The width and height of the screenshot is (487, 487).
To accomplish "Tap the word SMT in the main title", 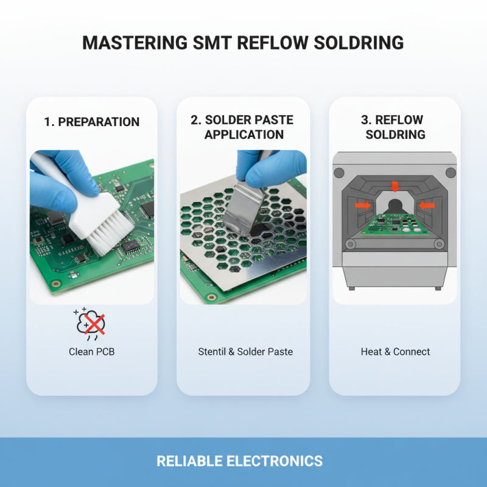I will click(215, 43).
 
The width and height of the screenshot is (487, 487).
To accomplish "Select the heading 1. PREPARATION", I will click(91, 122).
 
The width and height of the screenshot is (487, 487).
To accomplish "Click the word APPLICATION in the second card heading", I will click(243, 135).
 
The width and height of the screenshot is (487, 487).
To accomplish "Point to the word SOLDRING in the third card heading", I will click(395, 135).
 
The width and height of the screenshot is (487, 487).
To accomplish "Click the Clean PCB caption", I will click(91, 352).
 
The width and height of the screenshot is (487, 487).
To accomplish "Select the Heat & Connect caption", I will click(395, 352).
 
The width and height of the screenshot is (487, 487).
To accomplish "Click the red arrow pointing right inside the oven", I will click(363, 206).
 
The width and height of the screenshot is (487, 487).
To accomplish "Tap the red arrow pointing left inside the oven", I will click(427, 206).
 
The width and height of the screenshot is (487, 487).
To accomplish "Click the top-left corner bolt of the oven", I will click(340, 172).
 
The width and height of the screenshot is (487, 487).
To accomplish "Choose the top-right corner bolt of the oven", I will click(450, 172).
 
